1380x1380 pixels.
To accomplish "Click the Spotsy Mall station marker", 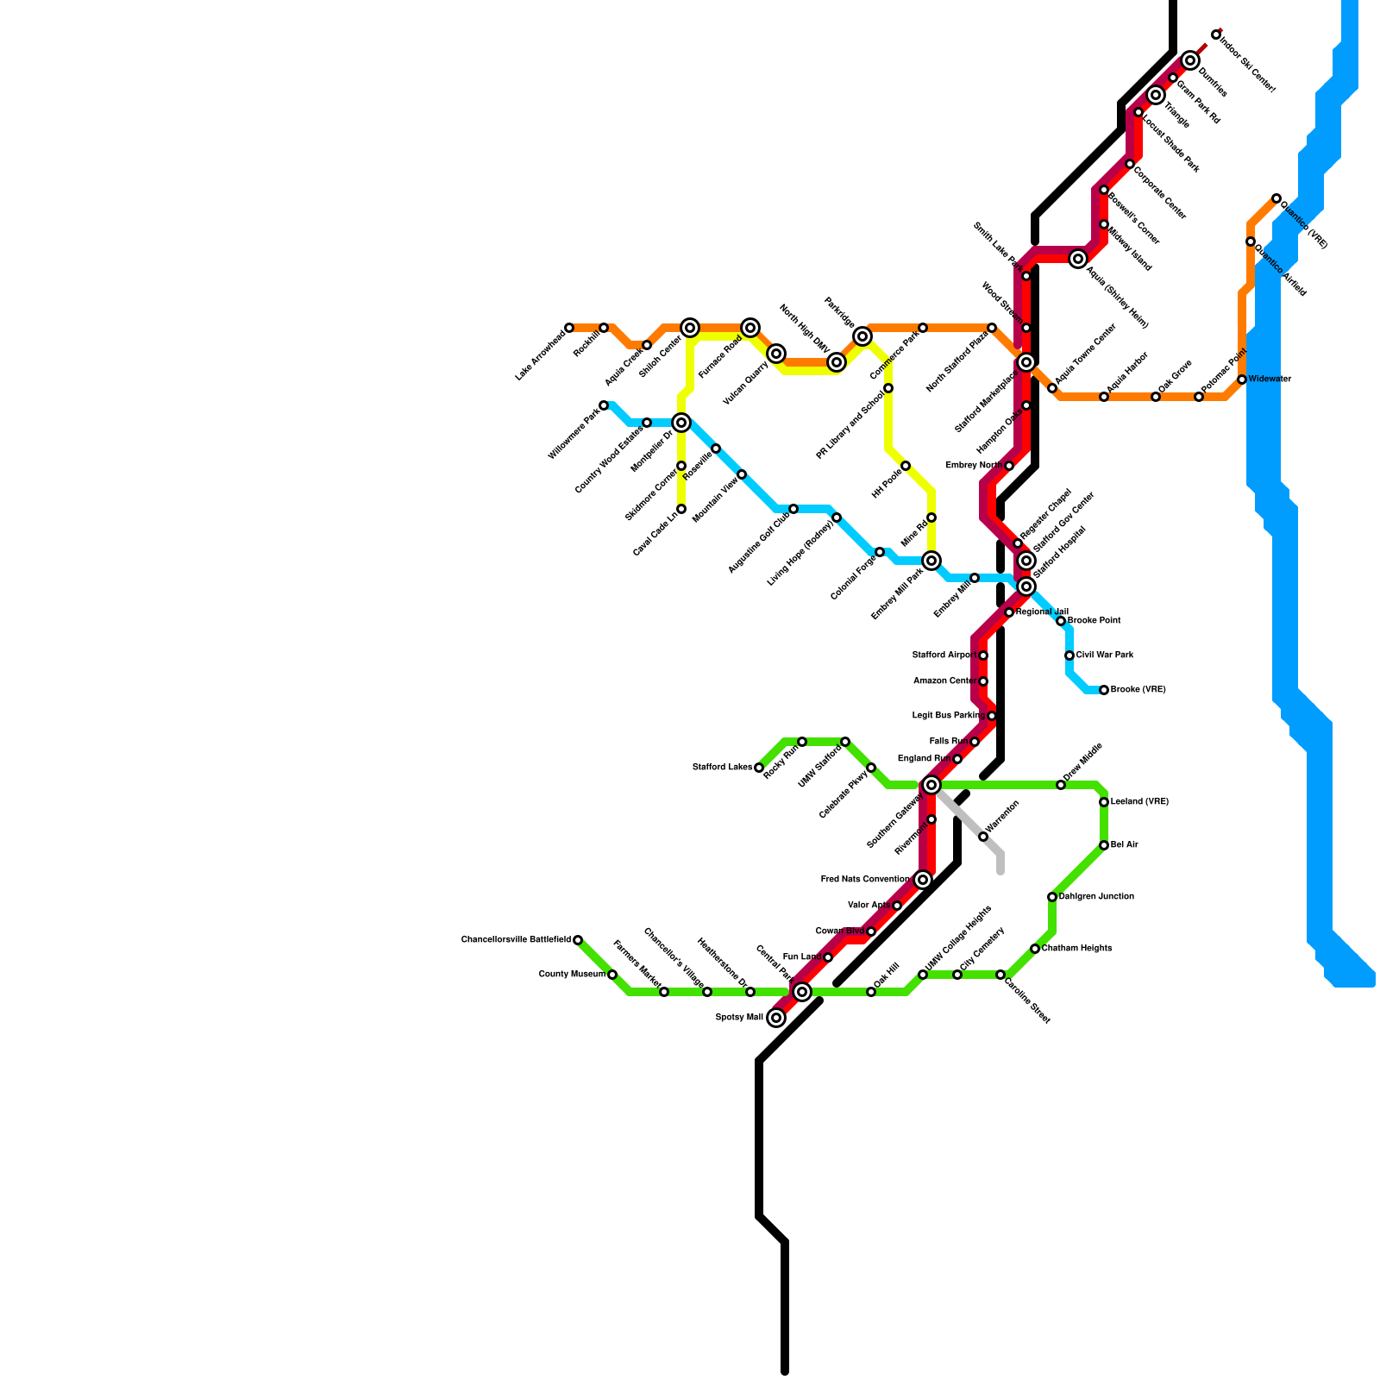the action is pyautogui.click(x=776, y=1018).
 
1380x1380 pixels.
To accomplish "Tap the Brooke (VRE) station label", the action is pyautogui.click(x=1138, y=690).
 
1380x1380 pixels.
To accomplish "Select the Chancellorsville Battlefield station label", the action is pyautogui.click(x=516, y=939).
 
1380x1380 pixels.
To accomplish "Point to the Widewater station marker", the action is pyautogui.click(x=1242, y=379).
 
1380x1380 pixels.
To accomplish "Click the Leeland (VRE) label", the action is pyautogui.click(x=1139, y=802).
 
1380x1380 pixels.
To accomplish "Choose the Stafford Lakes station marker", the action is pyautogui.click(x=759, y=768).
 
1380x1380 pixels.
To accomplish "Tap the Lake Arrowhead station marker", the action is pyautogui.click(x=569, y=328).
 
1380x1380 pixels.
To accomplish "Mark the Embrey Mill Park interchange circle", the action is pyautogui.click(x=931, y=561).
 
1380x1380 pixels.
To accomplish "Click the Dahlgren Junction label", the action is pyautogui.click(x=1096, y=897).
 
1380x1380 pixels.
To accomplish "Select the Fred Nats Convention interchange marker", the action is pyautogui.click(x=923, y=880).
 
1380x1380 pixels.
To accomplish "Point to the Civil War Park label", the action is pyautogui.click(x=1105, y=655).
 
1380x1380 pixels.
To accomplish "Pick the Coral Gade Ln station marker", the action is pyautogui.click(x=681, y=509).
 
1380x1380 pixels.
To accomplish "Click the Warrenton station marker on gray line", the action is pyautogui.click(x=983, y=837).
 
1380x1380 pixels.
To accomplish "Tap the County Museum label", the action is pyautogui.click(x=572, y=975).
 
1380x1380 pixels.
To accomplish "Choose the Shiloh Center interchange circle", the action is pyautogui.click(x=690, y=328).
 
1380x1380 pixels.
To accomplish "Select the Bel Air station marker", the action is pyautogui.click(x=1104, y=845).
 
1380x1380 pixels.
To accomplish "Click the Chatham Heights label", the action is pyautogui.click(x=1076, y=949).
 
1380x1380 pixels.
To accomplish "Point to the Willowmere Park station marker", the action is pyautogui.click(x=604, y=405).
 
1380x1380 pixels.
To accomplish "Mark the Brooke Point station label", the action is pyautogui.click(x=1094, y=621).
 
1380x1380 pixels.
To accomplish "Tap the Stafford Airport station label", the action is pyautogui.click(x=944, y=655).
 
